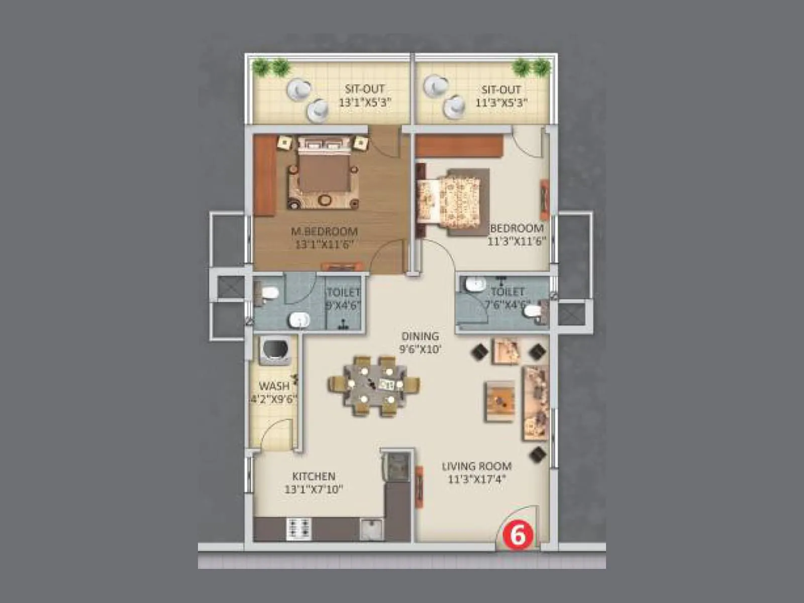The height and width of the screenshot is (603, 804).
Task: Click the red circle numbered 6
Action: pyautogui.click(x=517, y=535)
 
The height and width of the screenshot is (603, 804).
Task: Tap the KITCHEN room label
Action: pyautogui.click(x=314, y=476)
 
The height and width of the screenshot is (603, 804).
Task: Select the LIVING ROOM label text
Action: pyautogui.click(x=476, y=466)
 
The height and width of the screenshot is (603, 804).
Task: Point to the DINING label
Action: pyautogui.click(x=420, y=336)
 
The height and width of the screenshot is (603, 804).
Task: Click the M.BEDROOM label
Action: pyautogui.click(x=325, y=232)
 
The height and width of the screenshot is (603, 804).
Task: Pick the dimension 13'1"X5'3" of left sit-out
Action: pyautogui.click(x=365, y=103)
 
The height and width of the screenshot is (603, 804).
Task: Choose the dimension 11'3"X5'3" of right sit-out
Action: pyautogui.click(x=501, y=103)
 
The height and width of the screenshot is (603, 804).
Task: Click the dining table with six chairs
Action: pyautogui.click(x=374, y=386)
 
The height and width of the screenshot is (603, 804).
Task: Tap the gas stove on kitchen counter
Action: pyautogui.click(x=299, y=529)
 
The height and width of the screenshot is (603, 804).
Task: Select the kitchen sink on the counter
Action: pyautogui.click(x=371, y=529)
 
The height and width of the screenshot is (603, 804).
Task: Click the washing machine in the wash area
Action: pyautogui.click(x=274, y=350)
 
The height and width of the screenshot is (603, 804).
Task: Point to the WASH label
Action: pyautogui.click(x=274, y=386)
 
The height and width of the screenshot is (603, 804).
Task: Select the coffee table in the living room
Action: pyautogui.click(x=500, y=400)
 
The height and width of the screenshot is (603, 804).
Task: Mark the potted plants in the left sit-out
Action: pyautogui.click(x=271, y=66)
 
